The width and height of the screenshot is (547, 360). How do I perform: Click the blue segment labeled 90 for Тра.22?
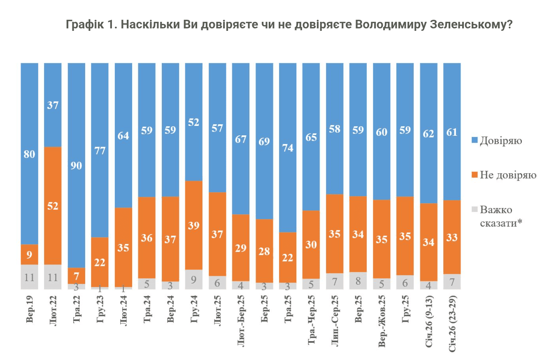tap(76, 166)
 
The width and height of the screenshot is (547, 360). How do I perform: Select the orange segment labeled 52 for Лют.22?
tap(53, 206)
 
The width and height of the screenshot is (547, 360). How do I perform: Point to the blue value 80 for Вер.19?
tap(29, 154)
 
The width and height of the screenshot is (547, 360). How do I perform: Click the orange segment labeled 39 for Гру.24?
tap(194, 225)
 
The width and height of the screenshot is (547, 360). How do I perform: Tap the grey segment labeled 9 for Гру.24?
tap(194, 279)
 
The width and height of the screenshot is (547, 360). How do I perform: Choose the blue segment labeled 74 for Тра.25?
tap(288, 148)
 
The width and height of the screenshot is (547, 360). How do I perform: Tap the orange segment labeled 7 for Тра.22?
tap(76, 276)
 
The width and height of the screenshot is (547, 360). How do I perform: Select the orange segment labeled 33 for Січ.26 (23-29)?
tap(452, 237)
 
